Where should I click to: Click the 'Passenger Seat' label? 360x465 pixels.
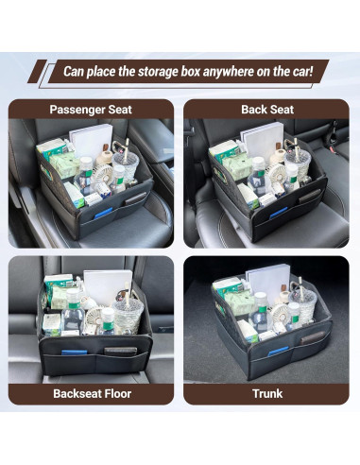92,110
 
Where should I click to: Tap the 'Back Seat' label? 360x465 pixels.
267,110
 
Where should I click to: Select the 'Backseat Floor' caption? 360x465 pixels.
92,393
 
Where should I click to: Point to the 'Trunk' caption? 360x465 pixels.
267,393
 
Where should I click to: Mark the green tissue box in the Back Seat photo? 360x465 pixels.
223,150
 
